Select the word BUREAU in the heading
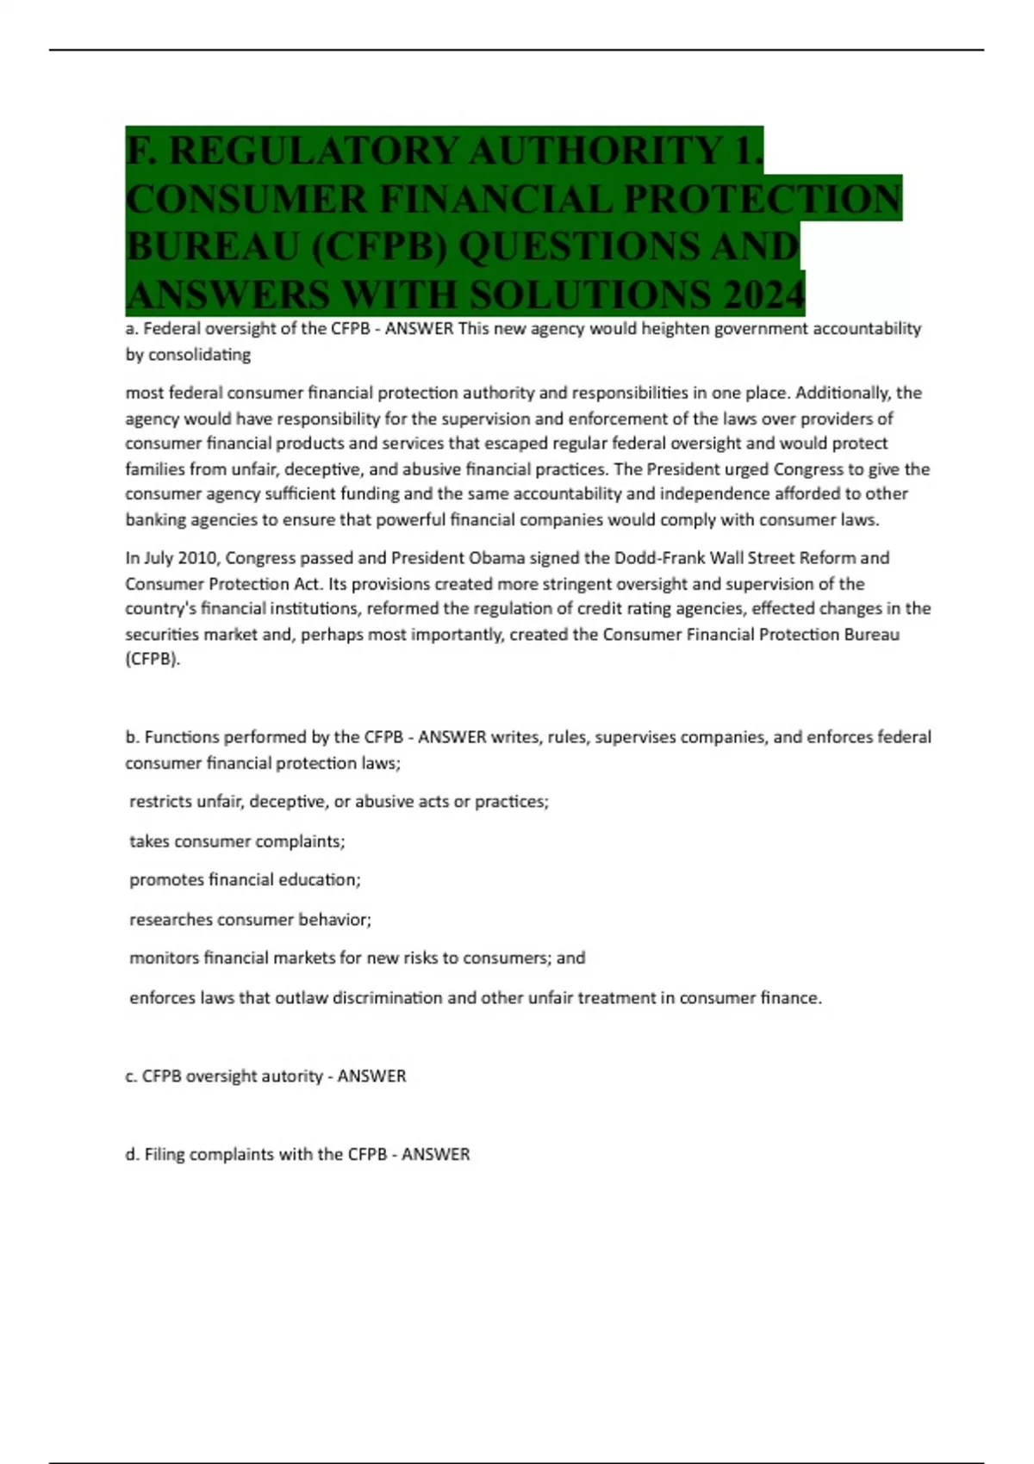pos(212,247)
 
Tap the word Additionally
pos(843,394)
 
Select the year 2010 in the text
pos(199,558)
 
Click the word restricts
pos(160,802)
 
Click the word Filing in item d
pos(164,1155)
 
